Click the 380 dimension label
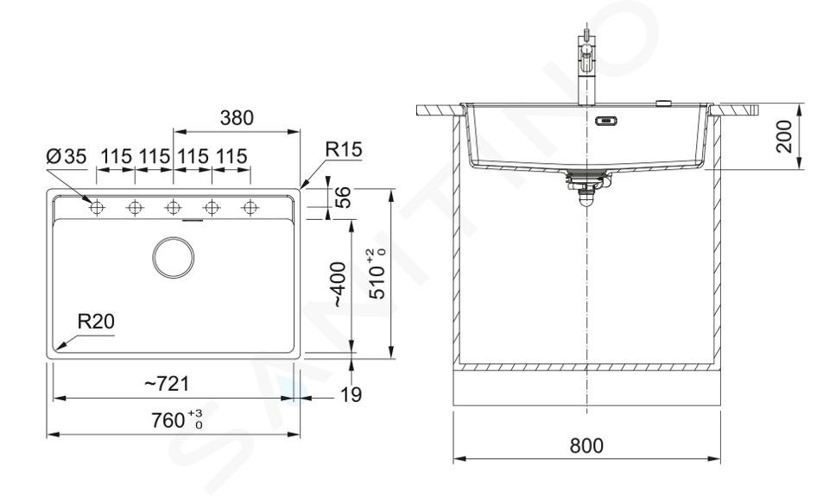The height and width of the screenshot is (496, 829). tap(237, 118)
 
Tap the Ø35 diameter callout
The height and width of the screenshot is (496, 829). tap(66, 156)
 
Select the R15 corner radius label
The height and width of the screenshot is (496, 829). tap(343, 149)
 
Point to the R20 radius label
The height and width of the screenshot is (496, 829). tap(96, 321)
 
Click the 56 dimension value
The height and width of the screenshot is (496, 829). tap(343, 198)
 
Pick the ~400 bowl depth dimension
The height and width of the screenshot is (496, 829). tap(337, 284)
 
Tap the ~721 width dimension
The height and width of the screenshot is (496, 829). tap(167, 384)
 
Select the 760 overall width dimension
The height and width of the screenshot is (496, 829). tap(176, 420)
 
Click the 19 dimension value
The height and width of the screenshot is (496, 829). tap(351, 394)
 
